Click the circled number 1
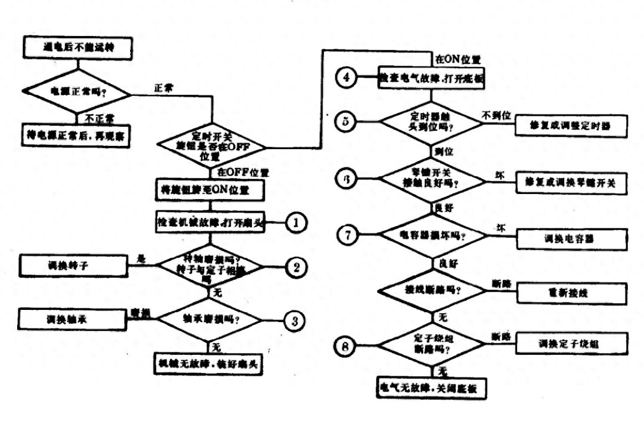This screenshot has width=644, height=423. (x=296, y=223)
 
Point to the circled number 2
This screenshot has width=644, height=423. (x=296, y=267)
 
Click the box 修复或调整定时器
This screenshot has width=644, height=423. (x=570, y=126)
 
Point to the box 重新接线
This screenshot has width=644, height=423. (x=573, y=293)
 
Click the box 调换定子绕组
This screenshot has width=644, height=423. (x=573, y=344)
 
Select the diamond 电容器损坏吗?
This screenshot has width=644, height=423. (x=432, y=235)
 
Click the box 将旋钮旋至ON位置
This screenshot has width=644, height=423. (x=210, y=190)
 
